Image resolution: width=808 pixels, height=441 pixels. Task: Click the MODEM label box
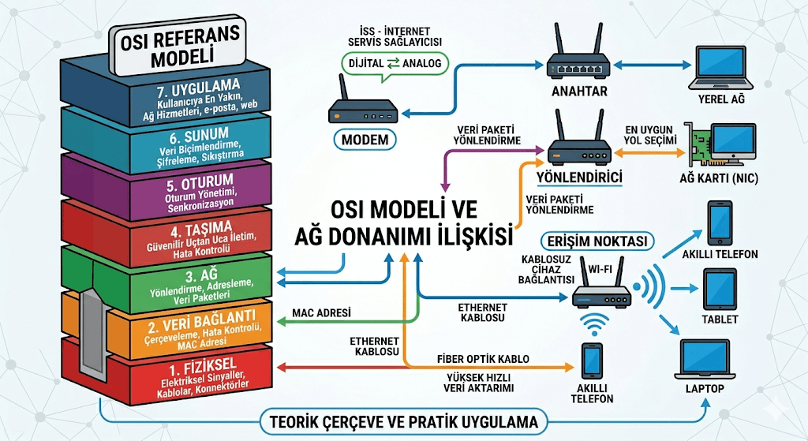pyautogui.click(x=365, y=140)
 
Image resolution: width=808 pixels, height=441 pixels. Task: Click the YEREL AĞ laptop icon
pyautogui.click(x=721, y=68)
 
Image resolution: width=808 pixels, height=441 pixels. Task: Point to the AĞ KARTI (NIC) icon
pyautogui.click(x=720, y=144)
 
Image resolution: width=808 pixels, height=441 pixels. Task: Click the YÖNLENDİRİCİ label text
pyautogui.click(x=579, y=178)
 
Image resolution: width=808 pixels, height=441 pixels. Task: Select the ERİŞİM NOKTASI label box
pyautogui.click(x=597, y=241)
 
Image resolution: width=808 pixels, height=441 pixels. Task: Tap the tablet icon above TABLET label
pyautogui.click(x=720, y=290)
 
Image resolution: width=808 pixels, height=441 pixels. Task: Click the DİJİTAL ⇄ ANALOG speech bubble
pyautogui.click(x=395, y=65)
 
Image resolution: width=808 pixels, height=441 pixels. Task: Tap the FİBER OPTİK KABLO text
pyautogui.click(x=483, y=359)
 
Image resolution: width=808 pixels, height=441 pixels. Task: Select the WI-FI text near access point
pyautogui.click(x=600, y=268)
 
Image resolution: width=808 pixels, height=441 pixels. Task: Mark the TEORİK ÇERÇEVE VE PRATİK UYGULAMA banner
pyautogui.click(x=404, y=422)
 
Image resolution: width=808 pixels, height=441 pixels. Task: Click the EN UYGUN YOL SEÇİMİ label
pyautogui.click(x=649, y=135)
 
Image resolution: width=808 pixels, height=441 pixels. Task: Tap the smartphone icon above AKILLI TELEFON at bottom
pyautogui.click(x=592, y=361)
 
